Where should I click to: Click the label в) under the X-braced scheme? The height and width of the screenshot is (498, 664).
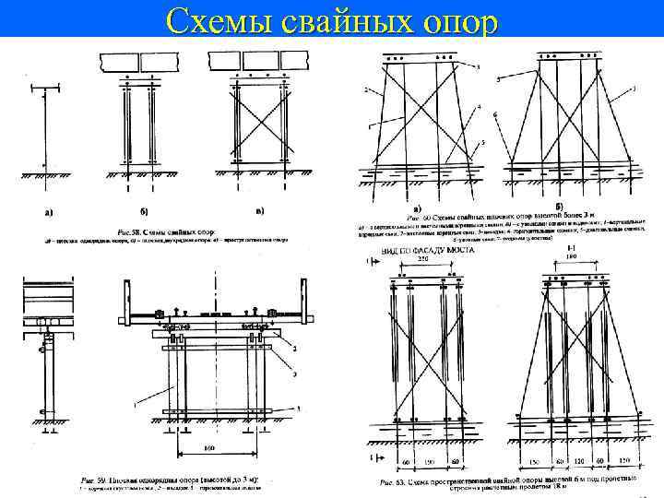click(260, 212)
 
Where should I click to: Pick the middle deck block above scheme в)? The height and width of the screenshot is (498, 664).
click(261, 61)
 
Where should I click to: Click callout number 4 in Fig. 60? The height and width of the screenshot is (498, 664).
click(480, 108)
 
